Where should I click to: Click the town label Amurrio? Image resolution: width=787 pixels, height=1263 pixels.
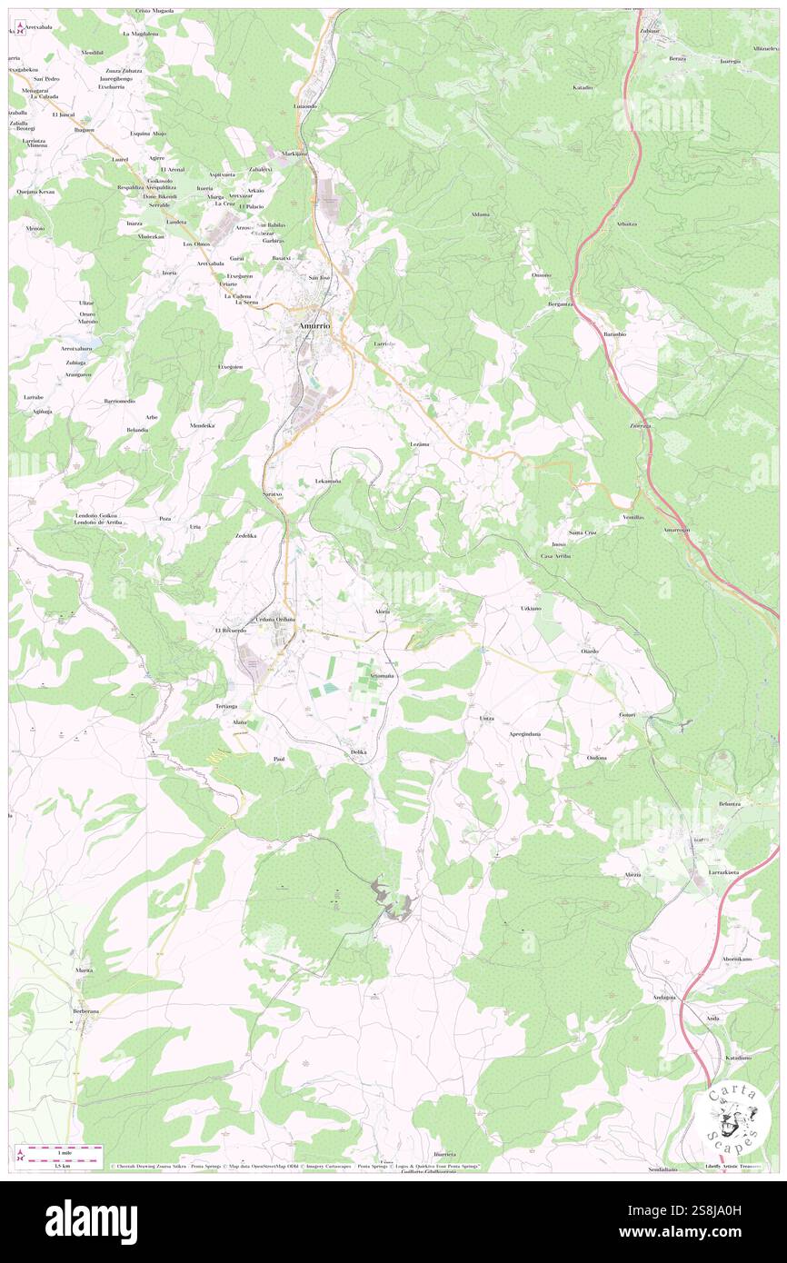(311, 325)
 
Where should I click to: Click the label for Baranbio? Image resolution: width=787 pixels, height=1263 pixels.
(614, 333)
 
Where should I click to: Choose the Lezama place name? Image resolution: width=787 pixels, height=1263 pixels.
(419, 443)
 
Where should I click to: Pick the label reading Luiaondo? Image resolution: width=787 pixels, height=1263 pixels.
(305, 106)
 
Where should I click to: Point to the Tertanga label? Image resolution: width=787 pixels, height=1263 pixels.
(226, 706)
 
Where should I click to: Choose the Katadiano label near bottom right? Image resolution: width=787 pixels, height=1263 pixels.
(737, 1058)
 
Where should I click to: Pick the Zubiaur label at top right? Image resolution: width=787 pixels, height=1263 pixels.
(649, 31)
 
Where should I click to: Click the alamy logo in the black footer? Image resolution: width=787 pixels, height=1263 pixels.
(91, 1221)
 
